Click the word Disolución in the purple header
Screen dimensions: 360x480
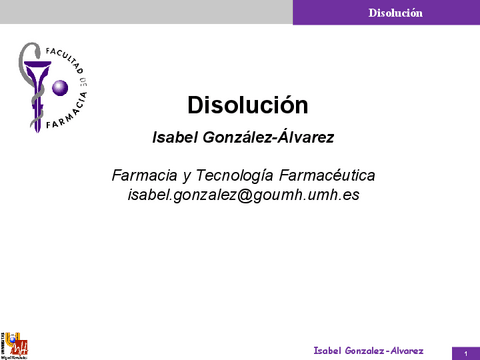click(x=395, y=13)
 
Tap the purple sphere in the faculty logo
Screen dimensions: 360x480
click(x=59, y=89)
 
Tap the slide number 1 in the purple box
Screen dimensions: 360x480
click(x=465, y=352)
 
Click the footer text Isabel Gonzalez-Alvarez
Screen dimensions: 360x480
click(x=368, y=350)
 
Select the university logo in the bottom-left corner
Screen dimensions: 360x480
click(x=15, y=343)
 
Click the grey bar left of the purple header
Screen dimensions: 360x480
click(x=146, y=12)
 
